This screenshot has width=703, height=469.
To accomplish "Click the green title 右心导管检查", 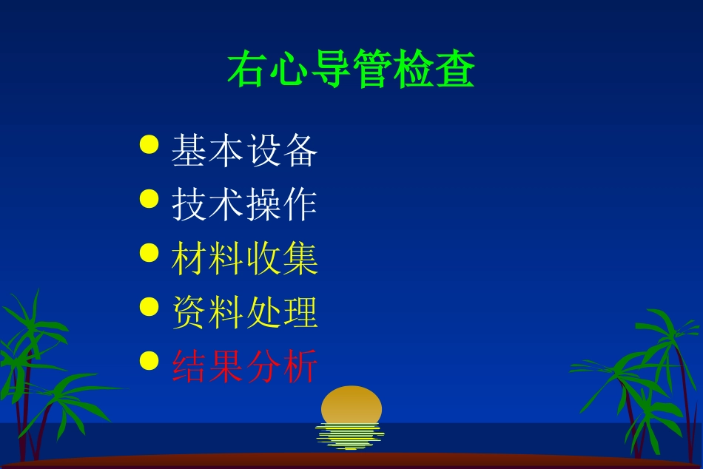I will coord(351,70).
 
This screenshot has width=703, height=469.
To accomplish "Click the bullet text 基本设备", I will coord(245,150).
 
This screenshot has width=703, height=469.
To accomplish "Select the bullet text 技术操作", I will coord(245,204).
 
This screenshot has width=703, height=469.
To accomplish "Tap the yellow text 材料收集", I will coord(245,258).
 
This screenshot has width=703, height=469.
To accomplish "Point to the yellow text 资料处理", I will coord(245,312).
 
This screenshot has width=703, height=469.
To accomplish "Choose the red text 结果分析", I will coord(245,366).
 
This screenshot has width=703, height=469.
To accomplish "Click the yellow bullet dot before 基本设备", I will coord(149,144).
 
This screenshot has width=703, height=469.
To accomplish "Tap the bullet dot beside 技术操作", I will coord(149,198).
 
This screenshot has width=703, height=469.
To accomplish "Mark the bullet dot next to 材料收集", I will coord(149,252).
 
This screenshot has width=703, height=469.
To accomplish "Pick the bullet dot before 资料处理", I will coord(149,306).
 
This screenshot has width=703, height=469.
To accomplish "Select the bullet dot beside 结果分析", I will coord(149,360).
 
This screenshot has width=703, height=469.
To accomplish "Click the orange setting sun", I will coord(351,405).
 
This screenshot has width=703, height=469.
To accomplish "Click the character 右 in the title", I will coord(247,70).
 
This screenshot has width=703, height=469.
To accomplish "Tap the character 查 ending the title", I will coord(454,70).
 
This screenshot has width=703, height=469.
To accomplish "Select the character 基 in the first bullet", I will coord(189,150).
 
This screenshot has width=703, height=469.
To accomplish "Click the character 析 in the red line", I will coord(300,366).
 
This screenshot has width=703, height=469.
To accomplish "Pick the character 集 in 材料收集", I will coord(300,258).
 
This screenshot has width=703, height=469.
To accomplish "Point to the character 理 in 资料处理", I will coord(300,312).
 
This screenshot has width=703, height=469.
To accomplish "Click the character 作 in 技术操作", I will coord(300,204).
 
